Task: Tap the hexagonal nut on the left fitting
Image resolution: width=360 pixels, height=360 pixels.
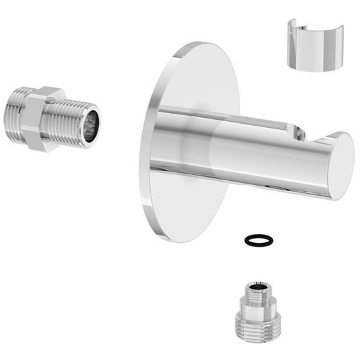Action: pos(44,118)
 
